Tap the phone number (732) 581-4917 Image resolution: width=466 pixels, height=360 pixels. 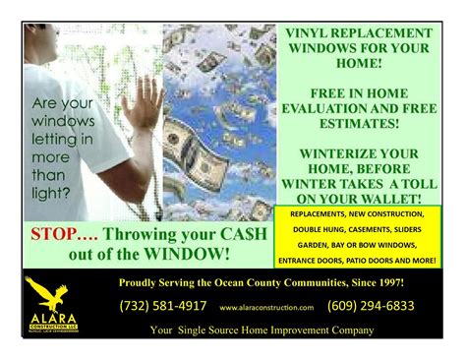point(163,306)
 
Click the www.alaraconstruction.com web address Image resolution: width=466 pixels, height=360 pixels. point(266,307)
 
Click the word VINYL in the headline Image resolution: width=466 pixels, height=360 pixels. point(288,31)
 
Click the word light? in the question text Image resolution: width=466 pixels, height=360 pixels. point(51,192)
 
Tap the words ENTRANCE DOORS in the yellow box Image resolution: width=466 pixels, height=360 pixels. point(316,260)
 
